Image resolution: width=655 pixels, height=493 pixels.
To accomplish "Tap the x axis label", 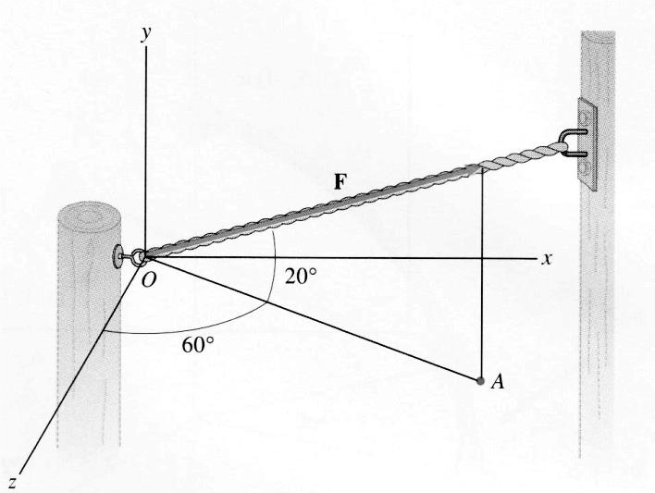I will (548, 258).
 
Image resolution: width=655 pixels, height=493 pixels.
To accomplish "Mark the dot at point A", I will (479, 380).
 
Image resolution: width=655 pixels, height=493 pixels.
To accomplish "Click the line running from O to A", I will (315, 319).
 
